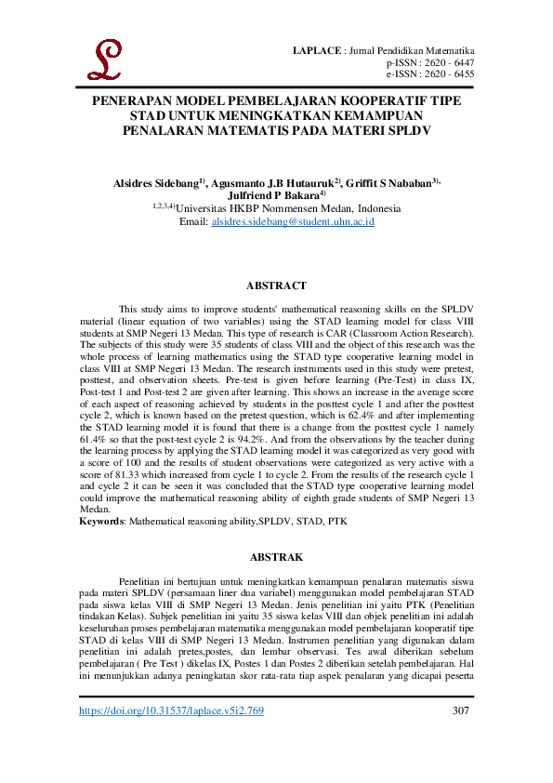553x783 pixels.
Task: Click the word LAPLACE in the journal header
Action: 317,49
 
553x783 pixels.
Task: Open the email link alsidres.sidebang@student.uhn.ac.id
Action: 292,222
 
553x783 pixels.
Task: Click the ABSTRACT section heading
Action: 276,285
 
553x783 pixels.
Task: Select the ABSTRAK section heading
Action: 276,557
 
